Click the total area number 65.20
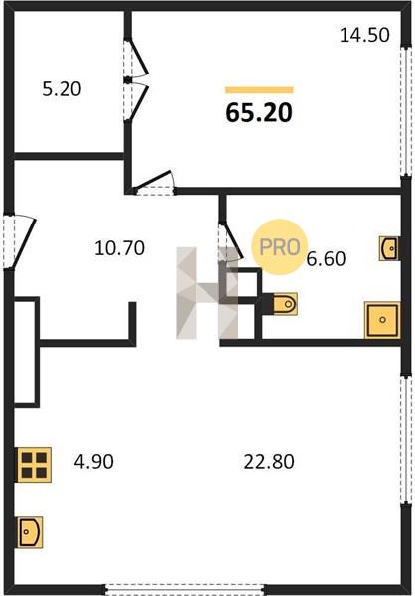point(259,113)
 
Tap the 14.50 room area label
point(364,36)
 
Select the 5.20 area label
point(62,89)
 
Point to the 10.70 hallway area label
point(119,248)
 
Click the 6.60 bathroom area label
point(326,259)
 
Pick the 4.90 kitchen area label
point(94,462)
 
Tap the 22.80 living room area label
point(269,462)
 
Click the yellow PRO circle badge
point(279,247)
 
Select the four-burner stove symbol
point(34,465)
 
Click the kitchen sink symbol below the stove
point(29,531)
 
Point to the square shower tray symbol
point(382,320)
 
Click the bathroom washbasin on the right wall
point(389,248)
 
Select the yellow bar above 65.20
point(259,90)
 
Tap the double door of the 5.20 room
point(136,80)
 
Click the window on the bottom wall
point(185,589)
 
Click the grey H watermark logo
point(207,293)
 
